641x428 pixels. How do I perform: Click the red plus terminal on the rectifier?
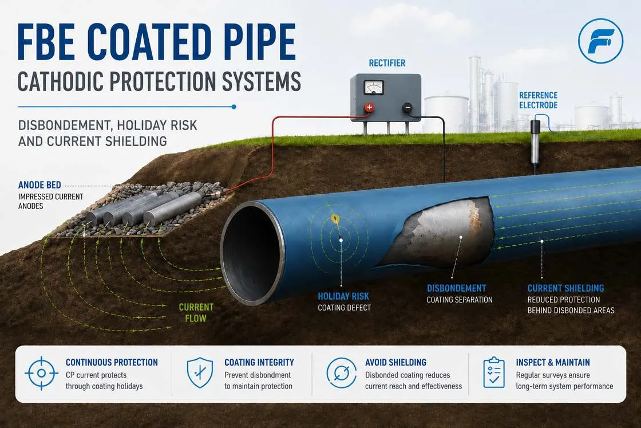point(369,107)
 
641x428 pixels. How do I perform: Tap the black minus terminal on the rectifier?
point(407,108)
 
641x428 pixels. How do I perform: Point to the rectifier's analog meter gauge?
point(374,87)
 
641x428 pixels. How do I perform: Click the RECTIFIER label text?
point(387,63)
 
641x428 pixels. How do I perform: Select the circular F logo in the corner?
point(600,41)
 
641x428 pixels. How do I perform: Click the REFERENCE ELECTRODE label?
point(538,100)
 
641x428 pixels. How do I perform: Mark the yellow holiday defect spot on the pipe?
point(335,219)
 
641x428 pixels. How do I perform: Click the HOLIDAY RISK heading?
point(343,296)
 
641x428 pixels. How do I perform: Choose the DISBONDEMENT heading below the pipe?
point(457,288)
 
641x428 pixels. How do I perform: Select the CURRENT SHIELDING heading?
point(565,288)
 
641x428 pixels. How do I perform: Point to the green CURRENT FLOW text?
point(196,313)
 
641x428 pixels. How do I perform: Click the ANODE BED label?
point(39,185)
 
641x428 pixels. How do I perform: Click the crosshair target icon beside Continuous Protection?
point(41,373)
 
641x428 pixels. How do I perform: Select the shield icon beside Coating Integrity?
point(200,373)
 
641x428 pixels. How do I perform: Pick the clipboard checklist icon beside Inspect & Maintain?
point(494,373)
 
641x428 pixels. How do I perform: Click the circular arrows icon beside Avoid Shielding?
point(341,373)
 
